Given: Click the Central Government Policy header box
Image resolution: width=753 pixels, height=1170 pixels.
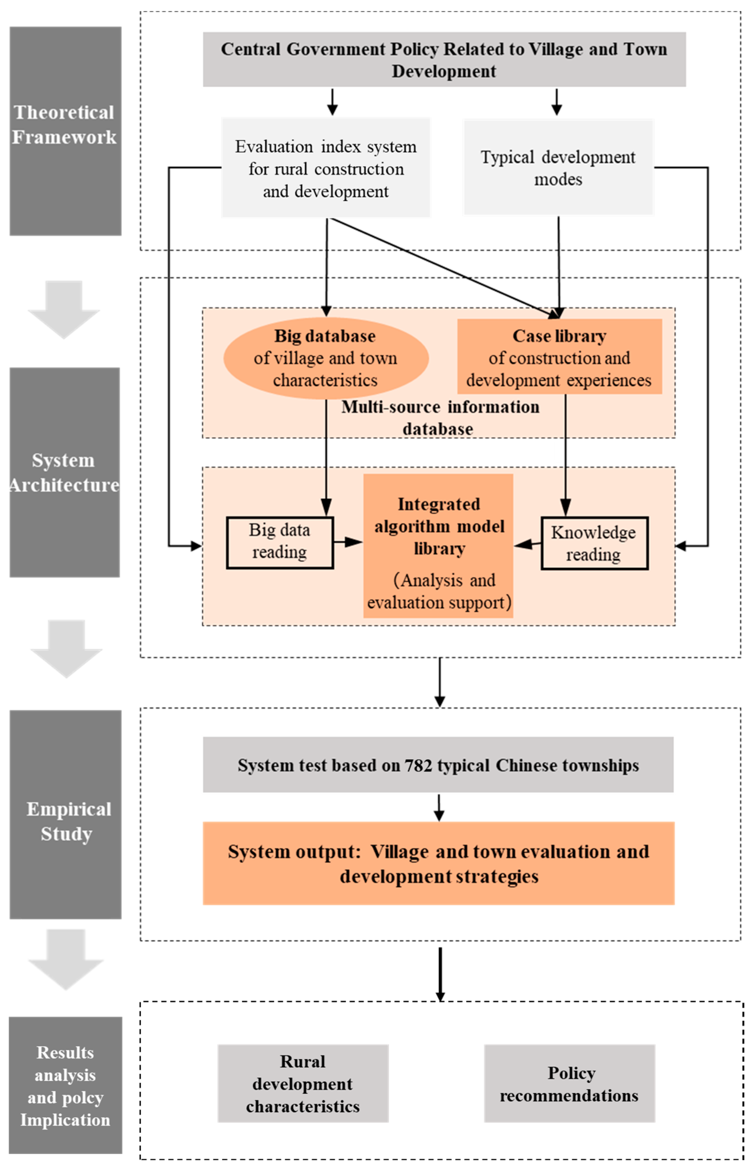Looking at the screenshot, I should point(444,60).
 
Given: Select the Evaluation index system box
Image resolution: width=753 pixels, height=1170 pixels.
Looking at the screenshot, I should point(326,168).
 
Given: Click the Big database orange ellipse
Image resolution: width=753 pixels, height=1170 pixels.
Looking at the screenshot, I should point(326,358).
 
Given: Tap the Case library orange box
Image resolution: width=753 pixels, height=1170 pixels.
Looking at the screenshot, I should point(559,357).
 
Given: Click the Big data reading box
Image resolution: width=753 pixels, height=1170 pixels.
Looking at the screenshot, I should point(280,542).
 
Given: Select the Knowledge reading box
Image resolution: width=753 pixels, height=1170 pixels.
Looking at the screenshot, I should point(594,543).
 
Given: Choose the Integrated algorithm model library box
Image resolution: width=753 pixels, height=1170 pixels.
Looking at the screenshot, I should point(438,545).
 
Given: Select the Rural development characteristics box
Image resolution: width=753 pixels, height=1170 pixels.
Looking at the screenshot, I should point(303,1084).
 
